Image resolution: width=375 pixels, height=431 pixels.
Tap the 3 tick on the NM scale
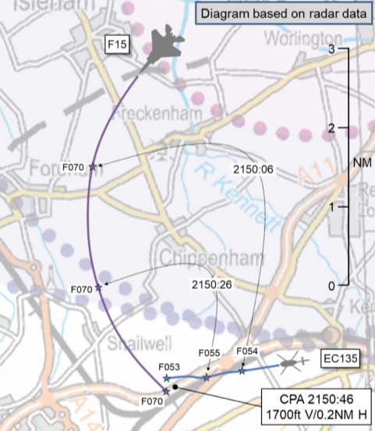point(341,48)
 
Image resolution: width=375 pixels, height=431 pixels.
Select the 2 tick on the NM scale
point(341,127)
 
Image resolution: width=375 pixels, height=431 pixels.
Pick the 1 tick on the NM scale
point(341,207)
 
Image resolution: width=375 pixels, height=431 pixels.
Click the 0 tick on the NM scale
point(341,286)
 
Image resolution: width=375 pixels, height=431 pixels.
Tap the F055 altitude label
point(209,353)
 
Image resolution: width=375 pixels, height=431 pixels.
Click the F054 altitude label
point(246,352)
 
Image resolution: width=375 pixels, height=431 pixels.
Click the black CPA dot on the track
point(176,387)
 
